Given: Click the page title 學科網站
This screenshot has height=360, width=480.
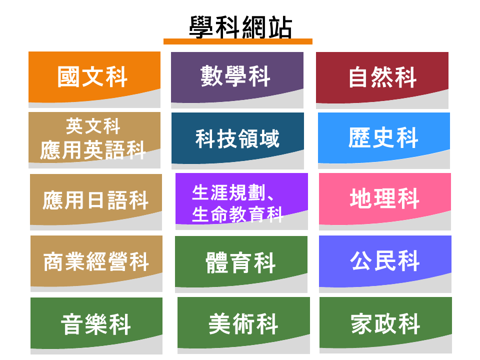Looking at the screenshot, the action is coord(240,27).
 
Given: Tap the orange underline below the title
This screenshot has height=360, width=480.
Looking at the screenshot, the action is coord(238,41).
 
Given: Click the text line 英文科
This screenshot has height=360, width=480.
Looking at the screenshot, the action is coord(93,126).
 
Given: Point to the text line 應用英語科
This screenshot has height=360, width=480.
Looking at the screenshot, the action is coord(93,150).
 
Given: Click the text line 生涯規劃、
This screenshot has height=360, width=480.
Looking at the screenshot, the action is coord(232,192).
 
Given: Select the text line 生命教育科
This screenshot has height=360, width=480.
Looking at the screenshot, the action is coord(237,214).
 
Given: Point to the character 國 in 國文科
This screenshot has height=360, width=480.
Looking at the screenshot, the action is coord(68,77).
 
